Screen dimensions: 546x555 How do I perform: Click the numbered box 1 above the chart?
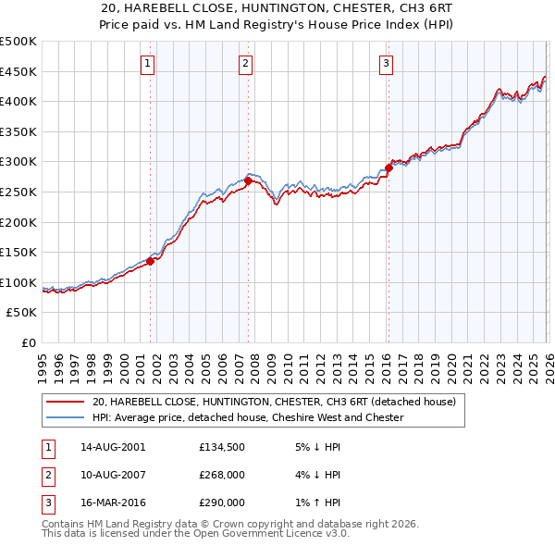click(148, 64)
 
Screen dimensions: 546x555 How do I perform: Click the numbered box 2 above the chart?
click(245, 64)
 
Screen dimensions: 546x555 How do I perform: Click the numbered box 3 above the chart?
click(385, 64)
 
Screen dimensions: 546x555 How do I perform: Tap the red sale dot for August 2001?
click(150, 261)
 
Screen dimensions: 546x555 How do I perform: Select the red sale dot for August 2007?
click(248, 180)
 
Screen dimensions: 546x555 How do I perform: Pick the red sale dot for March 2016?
click(388, 168)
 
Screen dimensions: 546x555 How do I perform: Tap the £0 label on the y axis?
click(28, 342)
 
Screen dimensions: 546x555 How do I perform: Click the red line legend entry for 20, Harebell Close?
click(274, 403)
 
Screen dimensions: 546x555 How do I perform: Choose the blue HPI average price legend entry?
click(248, 417)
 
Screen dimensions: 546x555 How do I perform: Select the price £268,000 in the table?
click(222, 475)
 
